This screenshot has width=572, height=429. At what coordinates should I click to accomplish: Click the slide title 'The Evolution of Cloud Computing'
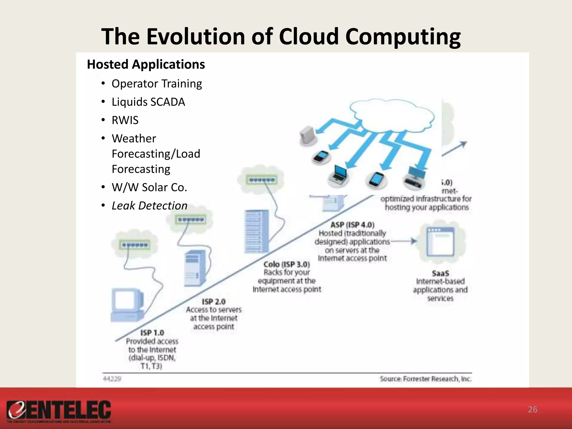pos(281,37)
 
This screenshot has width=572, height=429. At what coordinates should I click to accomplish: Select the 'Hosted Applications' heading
pos(146,65)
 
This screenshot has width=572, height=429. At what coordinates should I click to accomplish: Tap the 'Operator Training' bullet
pos(157,84)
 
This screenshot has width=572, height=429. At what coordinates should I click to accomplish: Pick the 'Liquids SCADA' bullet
pos(148,102)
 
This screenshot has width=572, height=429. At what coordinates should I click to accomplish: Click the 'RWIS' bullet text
pos(125,120)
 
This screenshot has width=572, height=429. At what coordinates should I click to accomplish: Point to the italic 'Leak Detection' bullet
pos(149,206)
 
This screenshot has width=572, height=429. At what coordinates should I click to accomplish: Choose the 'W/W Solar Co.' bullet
pos(149,187)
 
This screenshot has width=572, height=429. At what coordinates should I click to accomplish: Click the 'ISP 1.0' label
pos(152,333)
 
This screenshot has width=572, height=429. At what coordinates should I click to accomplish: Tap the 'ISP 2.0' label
pos(214,302)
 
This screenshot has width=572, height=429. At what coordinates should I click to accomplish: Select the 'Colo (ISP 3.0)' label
pos(287,264)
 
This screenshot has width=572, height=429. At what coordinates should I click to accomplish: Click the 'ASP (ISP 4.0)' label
pos(352,225)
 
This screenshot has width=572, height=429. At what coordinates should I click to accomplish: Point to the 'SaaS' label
pos(440,273)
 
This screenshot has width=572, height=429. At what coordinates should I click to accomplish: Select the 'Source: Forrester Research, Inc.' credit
pos(426,379)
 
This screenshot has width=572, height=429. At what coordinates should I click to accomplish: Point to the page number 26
pos(533,409)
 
